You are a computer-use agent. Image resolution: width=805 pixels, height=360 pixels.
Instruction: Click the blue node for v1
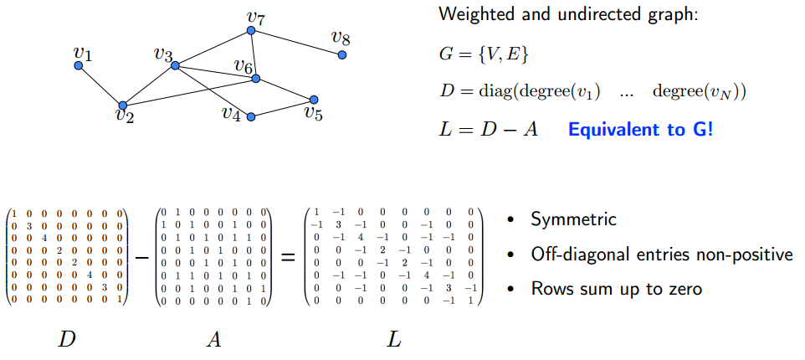coord(79,65)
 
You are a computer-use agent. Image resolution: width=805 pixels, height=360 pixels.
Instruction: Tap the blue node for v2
coord(123,105)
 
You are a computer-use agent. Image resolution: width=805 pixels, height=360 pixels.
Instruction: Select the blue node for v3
coord(175,65)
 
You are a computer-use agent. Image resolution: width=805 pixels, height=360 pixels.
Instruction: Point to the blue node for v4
coord(250,116)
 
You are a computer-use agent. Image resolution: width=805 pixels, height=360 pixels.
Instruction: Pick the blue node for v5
coord(314,99)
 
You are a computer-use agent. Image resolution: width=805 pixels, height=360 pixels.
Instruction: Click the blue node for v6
coord(256,79)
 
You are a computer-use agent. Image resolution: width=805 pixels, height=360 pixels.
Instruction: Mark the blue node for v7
coord(250,31)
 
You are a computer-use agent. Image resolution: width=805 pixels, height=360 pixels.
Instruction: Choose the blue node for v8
coord(341,54)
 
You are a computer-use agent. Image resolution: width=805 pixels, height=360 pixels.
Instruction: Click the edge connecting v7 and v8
coord(295,43)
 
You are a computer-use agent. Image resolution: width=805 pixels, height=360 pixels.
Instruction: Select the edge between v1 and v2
coord(100,85)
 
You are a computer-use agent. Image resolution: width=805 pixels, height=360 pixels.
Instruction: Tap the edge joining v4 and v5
coord(282,108)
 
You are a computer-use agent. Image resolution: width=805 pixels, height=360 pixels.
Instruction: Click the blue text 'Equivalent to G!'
coord(640,131)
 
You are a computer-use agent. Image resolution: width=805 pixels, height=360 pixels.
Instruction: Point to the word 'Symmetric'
coord(573,220)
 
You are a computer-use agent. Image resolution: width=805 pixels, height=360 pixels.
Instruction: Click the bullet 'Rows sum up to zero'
coord(616,289)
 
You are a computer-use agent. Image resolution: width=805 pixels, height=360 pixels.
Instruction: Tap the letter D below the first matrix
coord(66,339)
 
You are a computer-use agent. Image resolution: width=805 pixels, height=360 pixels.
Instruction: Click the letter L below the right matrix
coord(394,339)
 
